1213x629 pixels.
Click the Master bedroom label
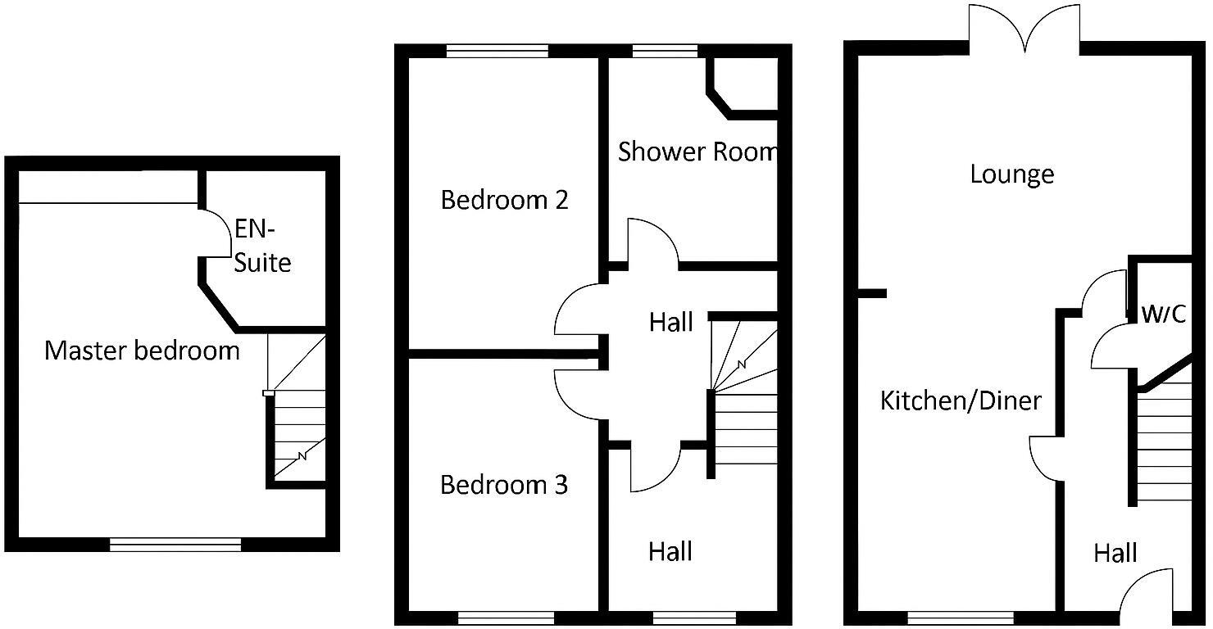pyautogui.click(x=142, y=351)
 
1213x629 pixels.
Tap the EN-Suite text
pyautogui.click(x=262, y=246)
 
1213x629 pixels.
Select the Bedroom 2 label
pyautogui.click(x=504, y=200)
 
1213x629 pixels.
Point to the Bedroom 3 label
pyautogui.click(x=504, y=485)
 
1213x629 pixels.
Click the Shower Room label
pyautogui.click(x=697, y=152)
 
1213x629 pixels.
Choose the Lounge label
pyautogui.click(x=1011, y=174)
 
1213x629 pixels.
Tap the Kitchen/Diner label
pyautogui.click(x=961, y=400)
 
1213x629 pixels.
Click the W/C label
pyautogui.click(x=1163, y=314)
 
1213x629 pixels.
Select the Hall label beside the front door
pyautogui.click(x=1115, y=554)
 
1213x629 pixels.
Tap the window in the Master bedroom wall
pyautogui.click(x=175, y=544)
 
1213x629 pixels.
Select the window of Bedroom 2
pyautogui.click(x=497, y=51)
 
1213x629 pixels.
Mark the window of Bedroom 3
pyautogui.click(x=506, y=617)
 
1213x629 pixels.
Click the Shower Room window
pyautogui.click(x=665, y=51)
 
